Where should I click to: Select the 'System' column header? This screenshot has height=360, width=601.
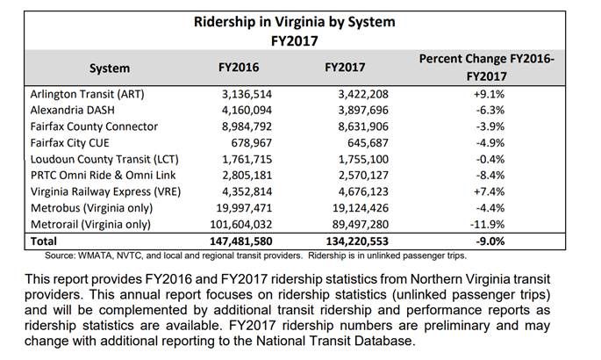click(x=109, y=68)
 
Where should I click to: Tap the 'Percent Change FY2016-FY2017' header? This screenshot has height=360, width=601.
click(x=491, y=68)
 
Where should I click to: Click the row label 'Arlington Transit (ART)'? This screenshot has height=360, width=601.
click(x=87, y=94)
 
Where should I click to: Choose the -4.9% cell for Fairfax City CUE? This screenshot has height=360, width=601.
click(x=490, y=142)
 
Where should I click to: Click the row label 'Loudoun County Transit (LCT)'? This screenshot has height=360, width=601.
click(x=101, y=159)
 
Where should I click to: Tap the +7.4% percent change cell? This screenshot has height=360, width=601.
click(x=490, y=191)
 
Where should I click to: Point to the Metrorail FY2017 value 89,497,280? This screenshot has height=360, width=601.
click(x=354, y=224)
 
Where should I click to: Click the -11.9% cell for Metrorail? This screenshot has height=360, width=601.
click(x=490, y=224)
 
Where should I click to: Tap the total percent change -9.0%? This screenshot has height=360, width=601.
click(x=490, y=241)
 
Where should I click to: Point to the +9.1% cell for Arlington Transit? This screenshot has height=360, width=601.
click(x=490, y=94)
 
